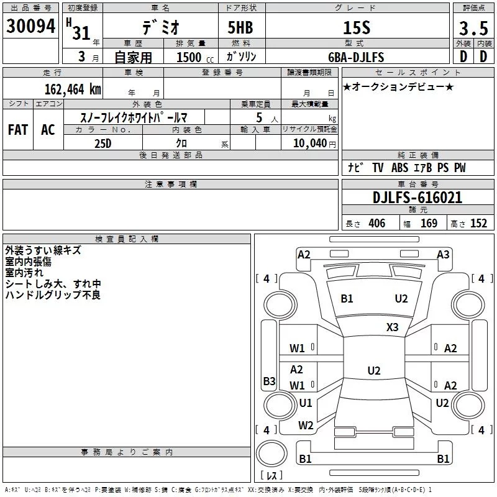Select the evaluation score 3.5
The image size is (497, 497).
(x=472, y=28)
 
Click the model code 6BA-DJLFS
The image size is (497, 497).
(x=356, y=57)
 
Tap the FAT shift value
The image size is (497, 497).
(x=17, y=130)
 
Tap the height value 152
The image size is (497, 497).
(x=478, y=224)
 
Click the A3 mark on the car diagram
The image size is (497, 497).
(x=443, y=254)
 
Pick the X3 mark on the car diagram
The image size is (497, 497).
(x=392, y=327)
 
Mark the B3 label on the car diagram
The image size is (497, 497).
(x=269, y=381)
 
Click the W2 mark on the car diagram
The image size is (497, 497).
(x=306, y=426)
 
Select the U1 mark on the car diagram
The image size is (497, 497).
(x=306, y=403)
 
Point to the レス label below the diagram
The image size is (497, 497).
(x=271, y=476)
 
